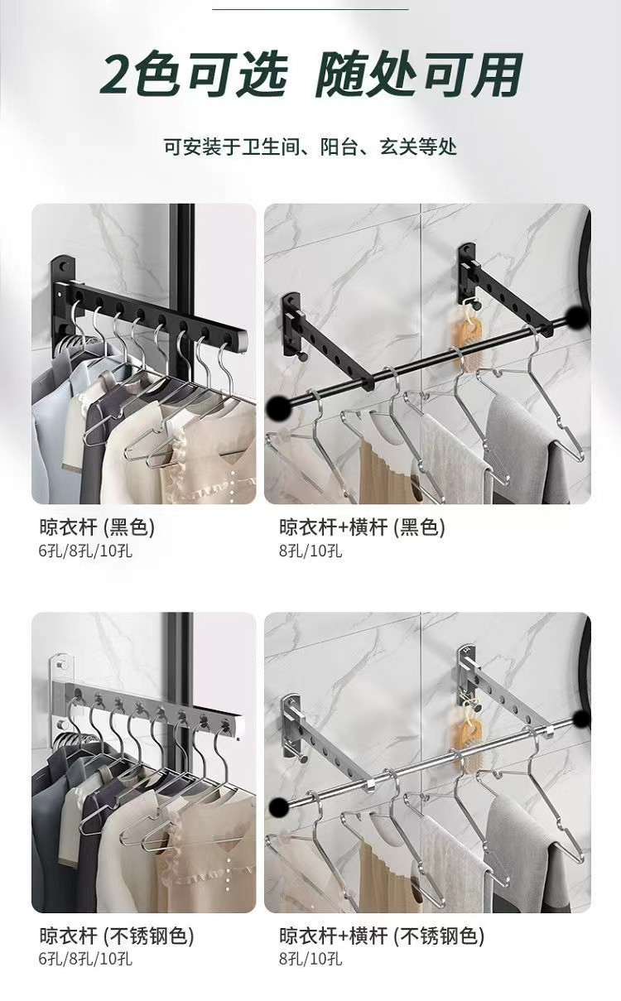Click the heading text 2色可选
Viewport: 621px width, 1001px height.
193,75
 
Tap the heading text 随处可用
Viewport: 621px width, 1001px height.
420,75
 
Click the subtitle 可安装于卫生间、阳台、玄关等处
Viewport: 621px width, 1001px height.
310,147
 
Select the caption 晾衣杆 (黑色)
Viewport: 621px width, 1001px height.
97,527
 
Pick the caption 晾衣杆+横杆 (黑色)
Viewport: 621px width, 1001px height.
363,527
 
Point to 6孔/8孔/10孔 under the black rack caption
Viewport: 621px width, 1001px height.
85,551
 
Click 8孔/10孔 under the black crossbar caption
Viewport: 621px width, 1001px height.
310,551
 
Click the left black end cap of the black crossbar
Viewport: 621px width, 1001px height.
279,407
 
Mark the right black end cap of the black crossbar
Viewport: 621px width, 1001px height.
578,317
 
